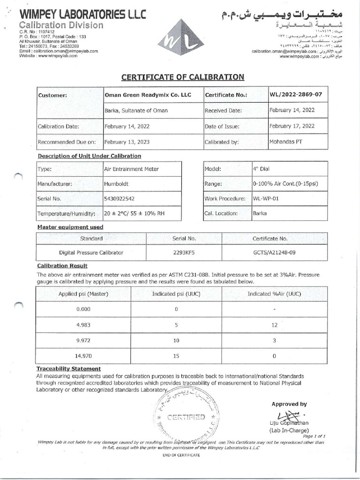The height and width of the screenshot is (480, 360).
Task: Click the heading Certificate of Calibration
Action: (183, 77)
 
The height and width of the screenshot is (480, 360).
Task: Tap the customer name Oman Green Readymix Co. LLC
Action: (148, 95)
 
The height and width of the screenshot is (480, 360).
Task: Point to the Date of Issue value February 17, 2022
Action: (292, 126)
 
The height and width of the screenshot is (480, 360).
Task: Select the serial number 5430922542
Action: (119, 198)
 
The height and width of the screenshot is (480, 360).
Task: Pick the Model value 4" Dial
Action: (261, 169)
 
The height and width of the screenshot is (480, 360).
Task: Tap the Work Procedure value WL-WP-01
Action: (266, 198)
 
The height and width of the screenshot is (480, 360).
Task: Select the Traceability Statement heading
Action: (69, 369)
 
